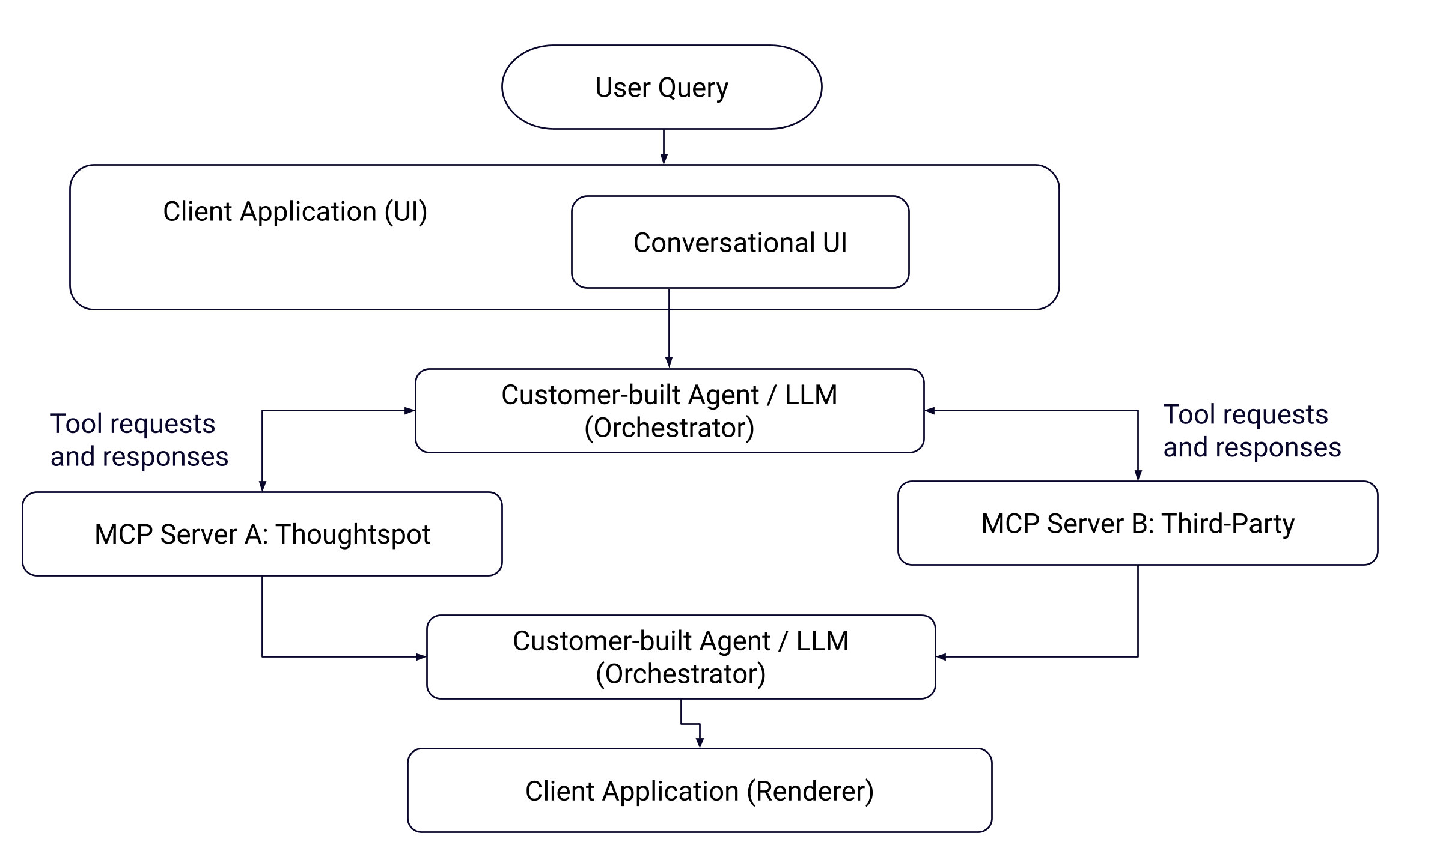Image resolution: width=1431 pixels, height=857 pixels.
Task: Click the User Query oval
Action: tap(661, 87)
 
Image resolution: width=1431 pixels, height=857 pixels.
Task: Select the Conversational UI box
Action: tap(739, 243)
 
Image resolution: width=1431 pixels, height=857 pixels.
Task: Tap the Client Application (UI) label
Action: tap(294, 212)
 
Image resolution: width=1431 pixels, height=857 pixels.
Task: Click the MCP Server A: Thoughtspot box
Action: tap(262, 534)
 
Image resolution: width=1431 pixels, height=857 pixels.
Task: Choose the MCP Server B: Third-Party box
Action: tap(1137, 523)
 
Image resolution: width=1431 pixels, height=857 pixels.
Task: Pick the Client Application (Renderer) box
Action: tap(699, 790)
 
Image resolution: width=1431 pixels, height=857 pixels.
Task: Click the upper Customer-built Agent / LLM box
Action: tap(669, 411)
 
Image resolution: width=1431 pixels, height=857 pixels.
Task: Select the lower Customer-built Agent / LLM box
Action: tap(680, 657)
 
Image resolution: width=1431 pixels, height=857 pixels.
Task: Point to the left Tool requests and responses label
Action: tap(139, 440)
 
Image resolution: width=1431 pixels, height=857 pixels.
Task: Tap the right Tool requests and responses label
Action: tap(1251, 431)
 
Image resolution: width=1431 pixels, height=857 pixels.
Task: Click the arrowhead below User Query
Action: tap(664, 159)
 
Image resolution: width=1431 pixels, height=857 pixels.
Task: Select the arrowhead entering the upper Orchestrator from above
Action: tap(668, 362)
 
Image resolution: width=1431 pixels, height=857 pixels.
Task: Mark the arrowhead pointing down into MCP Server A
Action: tap(262, 486)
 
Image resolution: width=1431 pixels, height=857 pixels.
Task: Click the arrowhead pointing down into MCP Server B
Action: tap(1137, 475)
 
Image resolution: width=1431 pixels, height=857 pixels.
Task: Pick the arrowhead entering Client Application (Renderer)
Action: tap(699, 742)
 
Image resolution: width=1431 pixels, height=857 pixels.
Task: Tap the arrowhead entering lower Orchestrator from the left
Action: tap(421, 657)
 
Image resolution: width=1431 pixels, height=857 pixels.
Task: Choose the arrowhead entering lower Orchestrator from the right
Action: tap(942, 657)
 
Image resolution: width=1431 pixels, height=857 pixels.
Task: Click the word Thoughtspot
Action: tap(353, 534)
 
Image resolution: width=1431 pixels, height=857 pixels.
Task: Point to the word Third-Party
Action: tap(1227, 523)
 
